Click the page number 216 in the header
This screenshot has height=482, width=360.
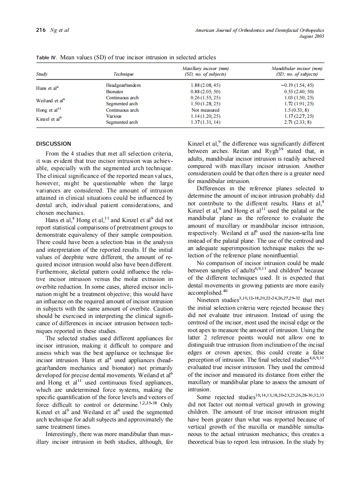click(x=41, y=30)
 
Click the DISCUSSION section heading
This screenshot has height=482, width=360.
click(x=53, y=143)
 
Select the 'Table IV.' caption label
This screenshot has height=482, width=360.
click(x=48, y=57)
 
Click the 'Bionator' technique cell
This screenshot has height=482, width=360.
click(x=115, y=92)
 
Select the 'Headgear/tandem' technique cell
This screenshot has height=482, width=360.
click(x=123, y=85)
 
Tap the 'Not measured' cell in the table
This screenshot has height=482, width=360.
click(x=205, y=110)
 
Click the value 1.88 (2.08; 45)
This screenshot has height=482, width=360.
click(x=205, y=85)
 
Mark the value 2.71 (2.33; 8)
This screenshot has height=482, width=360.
click(x=297, y=122)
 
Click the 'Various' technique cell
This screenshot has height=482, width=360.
click(x=114, y=116)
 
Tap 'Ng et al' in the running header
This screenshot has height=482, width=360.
click(x=60, y=30)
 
